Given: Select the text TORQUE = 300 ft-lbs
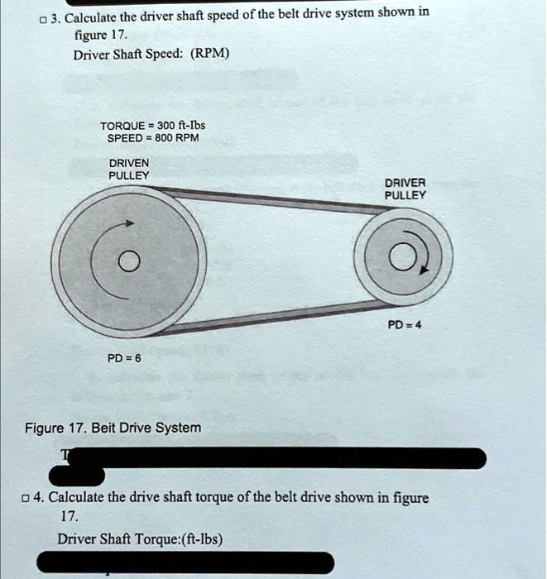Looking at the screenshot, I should pos(147,126).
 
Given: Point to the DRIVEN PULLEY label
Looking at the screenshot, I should pos(129,170).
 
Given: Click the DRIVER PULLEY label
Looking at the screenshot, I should pos(405,189).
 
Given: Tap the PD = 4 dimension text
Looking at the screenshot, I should pos(406,324).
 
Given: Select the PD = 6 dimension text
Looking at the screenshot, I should pos(125,358).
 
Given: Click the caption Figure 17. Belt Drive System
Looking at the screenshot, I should pos(113,428).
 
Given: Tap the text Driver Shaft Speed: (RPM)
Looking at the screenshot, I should pos(151,55).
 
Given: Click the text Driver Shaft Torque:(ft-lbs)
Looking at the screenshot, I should pos(140,539).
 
